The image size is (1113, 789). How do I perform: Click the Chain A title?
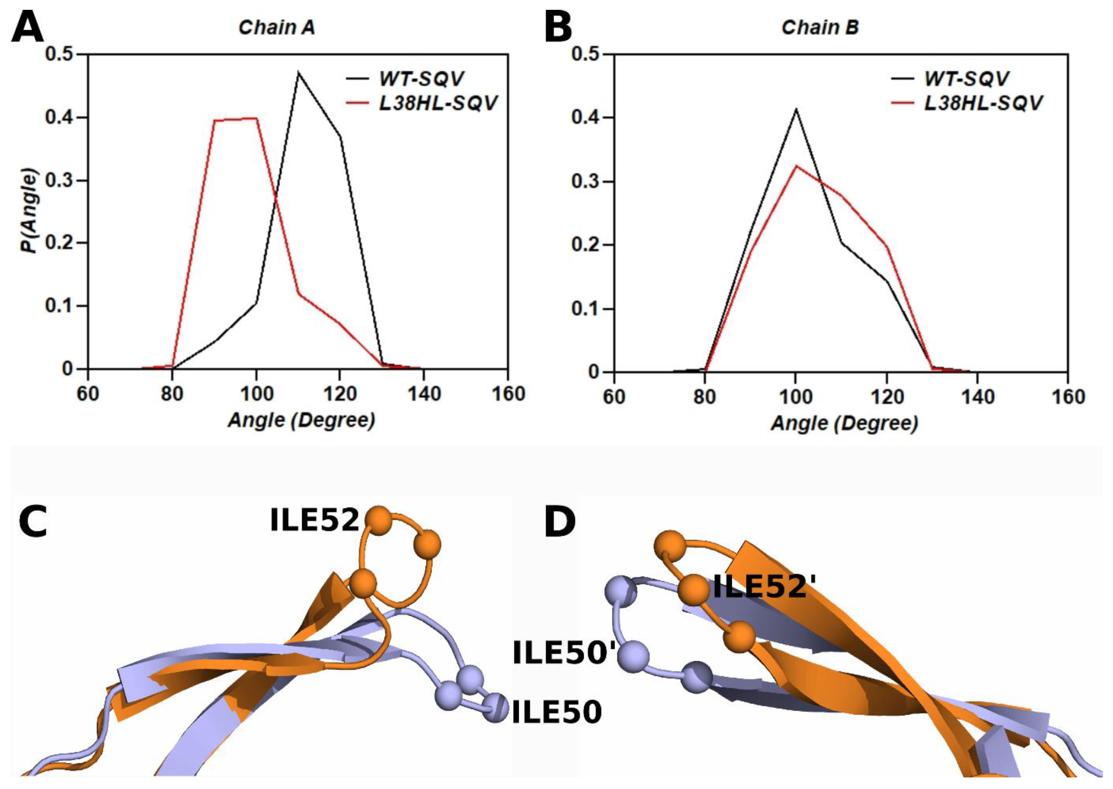click(x=277, y=28)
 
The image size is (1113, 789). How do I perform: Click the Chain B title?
click(x=820, y=28)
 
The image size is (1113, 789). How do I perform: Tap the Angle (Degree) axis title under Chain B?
click(x=844, y=424)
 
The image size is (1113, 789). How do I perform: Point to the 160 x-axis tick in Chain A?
click(x=508, y=394)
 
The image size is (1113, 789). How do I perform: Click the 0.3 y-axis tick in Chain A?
click(x=60, y=181)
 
